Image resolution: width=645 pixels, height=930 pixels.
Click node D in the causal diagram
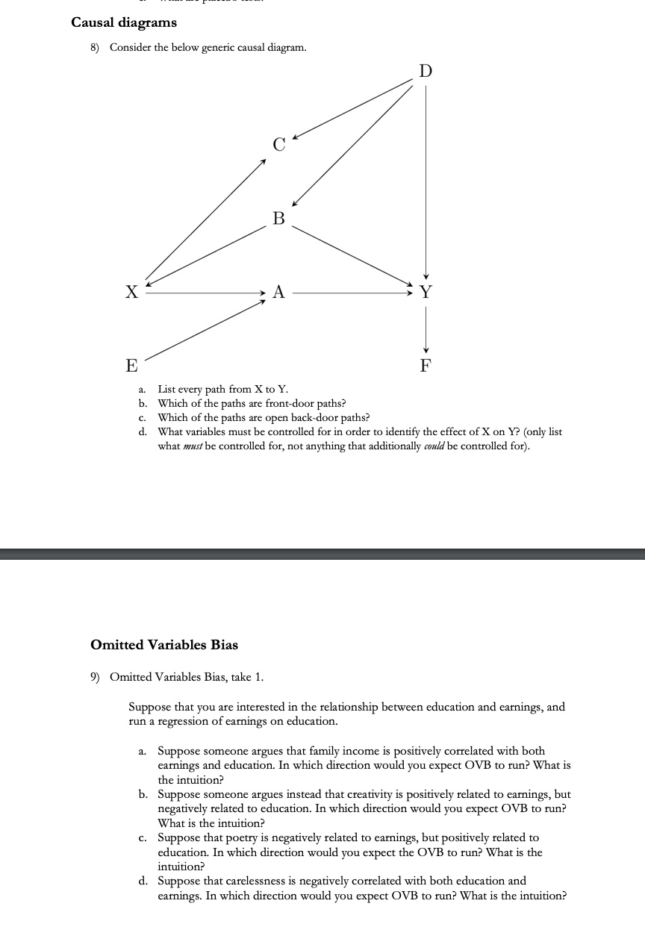(x=426, y=72)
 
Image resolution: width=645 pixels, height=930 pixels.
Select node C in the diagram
(x=278, y=146)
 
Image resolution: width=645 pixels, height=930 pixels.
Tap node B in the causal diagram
(x=278, y=219)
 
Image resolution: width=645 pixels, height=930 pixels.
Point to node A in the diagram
(x=278, y=292)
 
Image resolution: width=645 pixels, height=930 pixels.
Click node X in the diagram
(x=131, y=292)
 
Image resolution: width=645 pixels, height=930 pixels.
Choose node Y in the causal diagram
(x=426, y=292)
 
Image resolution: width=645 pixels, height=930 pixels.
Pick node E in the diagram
(x=131, y=366)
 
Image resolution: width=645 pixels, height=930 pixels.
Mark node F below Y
(x=426, y=366)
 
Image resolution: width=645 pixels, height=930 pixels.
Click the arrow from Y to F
(x=426, y=328)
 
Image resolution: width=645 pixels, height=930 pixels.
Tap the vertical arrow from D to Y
(x=426, y=179)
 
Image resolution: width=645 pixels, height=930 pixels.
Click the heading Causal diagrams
(x=124, y=22)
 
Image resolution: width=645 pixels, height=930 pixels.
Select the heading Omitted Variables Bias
(x=163, y=644)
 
